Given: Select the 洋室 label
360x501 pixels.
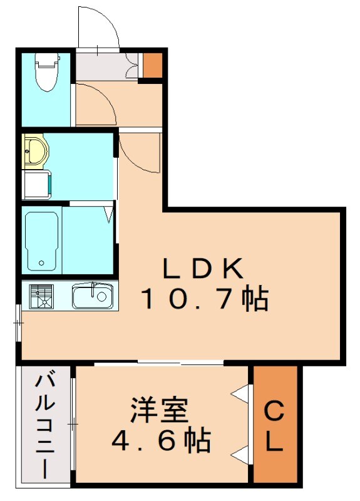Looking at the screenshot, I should pyautogui.click(x=160, y=413).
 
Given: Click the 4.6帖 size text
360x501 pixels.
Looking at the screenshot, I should pyautogui.click(x=161, y=442).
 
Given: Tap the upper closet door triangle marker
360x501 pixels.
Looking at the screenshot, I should pyautogui.click(x=241, y=394).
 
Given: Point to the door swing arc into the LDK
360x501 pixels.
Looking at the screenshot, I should pyautogui.click(x=136, y=150).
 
